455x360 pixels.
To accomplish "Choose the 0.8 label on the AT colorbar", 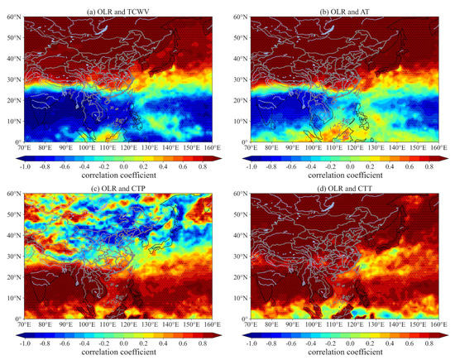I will [429, 165].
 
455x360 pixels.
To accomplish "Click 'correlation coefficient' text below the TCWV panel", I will [121, 175].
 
